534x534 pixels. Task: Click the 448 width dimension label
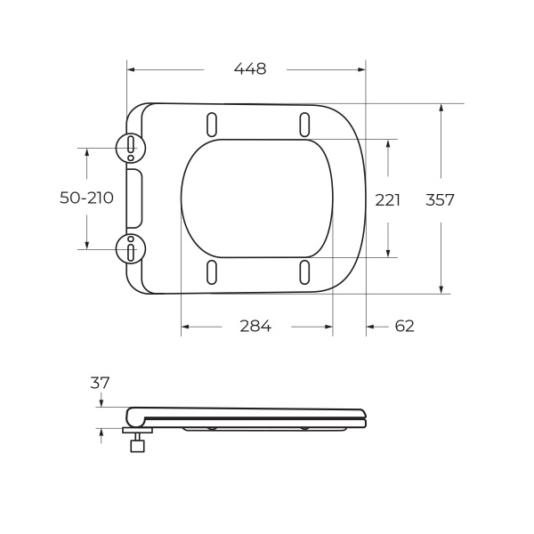(249, 69)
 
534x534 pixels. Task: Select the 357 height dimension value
(440, 200)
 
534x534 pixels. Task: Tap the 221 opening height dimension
(387, 200)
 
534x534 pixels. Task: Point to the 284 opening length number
(255, 327)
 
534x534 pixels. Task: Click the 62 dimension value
(404, 327)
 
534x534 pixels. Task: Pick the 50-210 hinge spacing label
(86, 198)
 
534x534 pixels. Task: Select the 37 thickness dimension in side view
(100, 383)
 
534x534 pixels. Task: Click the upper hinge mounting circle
(131, 146)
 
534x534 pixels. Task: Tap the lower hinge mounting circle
(131, 249)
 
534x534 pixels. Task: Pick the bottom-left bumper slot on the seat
(212, 272)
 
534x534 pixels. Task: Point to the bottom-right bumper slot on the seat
(304, 272)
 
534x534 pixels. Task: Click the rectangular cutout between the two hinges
(134, 198)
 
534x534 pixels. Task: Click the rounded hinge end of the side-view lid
(132, 417)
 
